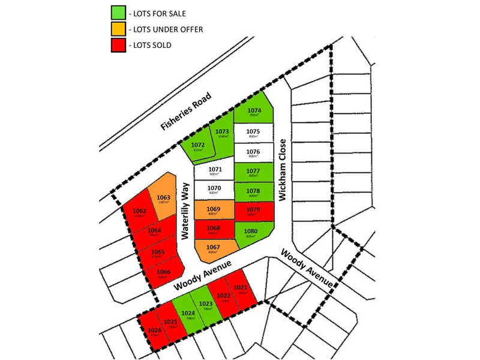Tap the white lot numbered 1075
click(253, 134)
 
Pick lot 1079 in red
click(253, 211)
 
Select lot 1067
click(213, 250)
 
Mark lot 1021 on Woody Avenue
click(241, 291)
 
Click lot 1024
click(188, 314)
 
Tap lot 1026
click(154, 332)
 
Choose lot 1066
click(163, 274)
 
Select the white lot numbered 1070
click(214, 191)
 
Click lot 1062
click(140, 214)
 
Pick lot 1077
click(253, 172)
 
